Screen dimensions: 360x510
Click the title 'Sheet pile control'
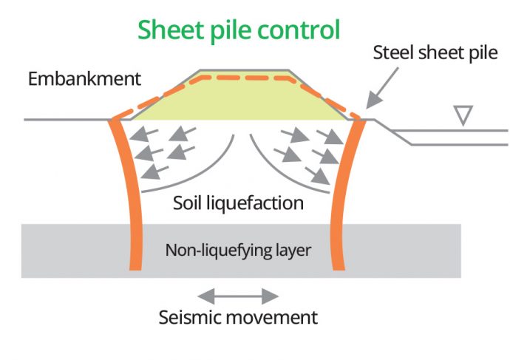(x=239, y=31)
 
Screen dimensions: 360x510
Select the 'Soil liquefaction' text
(x=238, y=202)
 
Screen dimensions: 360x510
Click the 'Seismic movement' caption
(x=238, y=318)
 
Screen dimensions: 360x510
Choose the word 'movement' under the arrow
(x=272, y=318)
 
